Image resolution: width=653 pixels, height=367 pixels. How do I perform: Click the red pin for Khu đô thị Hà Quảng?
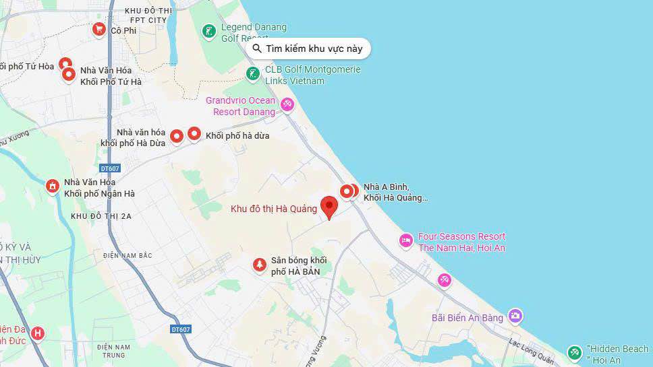click(329, 206)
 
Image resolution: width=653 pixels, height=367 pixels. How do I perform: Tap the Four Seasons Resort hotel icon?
click(405, 240)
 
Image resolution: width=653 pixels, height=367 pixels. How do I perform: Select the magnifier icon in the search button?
click(257, 48)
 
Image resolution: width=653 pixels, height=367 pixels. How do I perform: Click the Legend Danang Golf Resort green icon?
click(209, 31)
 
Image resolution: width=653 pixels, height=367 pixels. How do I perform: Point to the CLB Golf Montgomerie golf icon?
click(252, 73)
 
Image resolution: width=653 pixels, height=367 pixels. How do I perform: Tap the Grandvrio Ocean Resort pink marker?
click(287, 104)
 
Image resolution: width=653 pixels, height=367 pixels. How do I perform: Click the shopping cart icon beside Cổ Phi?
click(99, 30)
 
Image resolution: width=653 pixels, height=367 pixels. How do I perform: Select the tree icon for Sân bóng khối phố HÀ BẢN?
click(259, 265)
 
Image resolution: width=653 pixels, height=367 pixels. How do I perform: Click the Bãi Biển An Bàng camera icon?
click(515, 315)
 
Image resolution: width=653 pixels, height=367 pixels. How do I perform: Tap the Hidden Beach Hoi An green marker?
click(574, 352)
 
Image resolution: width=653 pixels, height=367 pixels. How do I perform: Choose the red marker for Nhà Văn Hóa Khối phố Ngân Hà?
click(53, 186)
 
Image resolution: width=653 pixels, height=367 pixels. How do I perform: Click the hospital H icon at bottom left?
click(38, 333)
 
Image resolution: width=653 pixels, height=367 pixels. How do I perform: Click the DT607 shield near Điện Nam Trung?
click(181, 329)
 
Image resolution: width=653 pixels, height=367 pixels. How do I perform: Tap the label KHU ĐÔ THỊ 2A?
click(101, 216)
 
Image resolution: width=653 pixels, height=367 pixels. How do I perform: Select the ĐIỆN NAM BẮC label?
click(129, 255)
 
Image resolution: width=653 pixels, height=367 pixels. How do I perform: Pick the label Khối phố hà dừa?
click(237, 135)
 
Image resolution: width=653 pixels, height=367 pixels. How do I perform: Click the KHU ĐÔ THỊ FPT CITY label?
click(146, 15)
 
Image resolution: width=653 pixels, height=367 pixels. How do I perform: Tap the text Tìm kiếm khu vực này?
click(314, 48)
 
